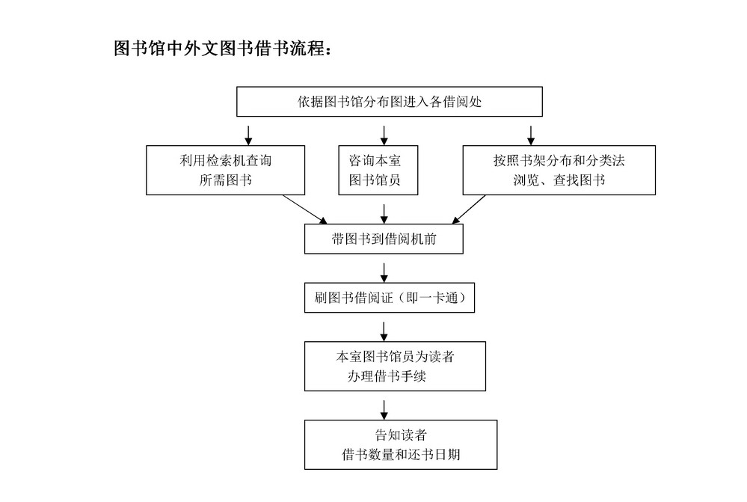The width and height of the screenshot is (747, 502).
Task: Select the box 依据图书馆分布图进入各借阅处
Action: coord(390,102)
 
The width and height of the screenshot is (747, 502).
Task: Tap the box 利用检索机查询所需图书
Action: coord(225,170)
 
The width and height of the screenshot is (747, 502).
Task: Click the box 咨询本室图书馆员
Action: coord(378,170)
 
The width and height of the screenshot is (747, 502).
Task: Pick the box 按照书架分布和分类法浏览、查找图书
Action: coord(559,170)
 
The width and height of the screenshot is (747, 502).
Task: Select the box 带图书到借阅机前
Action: coord(384,239)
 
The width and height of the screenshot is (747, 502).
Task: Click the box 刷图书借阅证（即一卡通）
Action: coord(390,298)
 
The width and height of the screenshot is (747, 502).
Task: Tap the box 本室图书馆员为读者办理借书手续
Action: coord(395,366)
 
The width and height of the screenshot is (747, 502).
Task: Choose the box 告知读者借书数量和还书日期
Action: coord(401,445)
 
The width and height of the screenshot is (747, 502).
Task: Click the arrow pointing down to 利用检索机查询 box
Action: coord(248,135)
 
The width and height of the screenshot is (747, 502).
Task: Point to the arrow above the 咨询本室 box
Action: coord(384,135)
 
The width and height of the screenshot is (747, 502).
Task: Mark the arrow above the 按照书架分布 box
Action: coord(531,135)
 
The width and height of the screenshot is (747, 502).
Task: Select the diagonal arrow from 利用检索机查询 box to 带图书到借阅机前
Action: coord(305,209)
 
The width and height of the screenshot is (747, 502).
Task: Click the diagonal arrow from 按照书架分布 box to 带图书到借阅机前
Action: coord(468,209)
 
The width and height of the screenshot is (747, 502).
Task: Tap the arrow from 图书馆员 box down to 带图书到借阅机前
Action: coord(384,214)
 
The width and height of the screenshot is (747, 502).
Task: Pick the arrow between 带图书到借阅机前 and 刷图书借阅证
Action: coord(384,273)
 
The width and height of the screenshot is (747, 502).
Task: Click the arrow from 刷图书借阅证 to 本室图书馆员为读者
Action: coord(384,332)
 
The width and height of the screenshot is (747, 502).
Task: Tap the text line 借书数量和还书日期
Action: coord(401,454)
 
